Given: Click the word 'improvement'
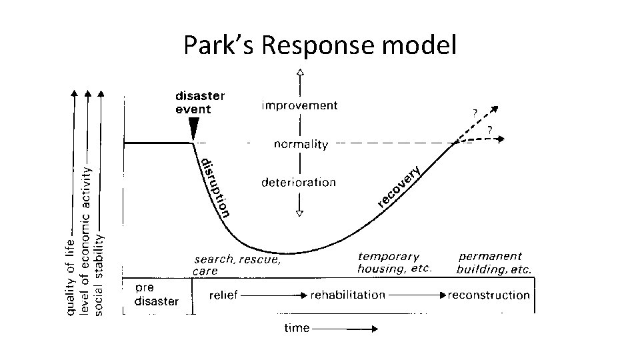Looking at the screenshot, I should point(299,105).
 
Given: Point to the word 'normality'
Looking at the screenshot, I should point(301,144).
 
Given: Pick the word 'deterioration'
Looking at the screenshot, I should point(299,182).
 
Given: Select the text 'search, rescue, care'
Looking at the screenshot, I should point(236,265).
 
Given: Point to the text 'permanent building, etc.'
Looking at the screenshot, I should point(493,263).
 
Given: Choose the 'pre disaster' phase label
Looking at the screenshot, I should point(156,295).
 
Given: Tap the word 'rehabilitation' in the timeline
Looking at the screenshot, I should point(347,295).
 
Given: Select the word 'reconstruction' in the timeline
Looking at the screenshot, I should point(489,295).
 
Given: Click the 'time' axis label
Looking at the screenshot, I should point(297,327).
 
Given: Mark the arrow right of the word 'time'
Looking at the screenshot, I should point(345,328).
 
